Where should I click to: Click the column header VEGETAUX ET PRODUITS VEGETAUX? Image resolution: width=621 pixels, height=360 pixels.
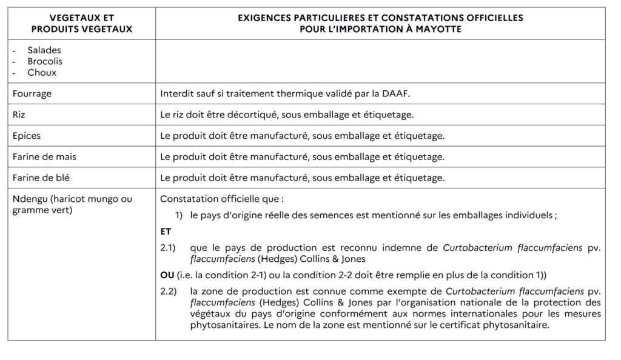[81, 24]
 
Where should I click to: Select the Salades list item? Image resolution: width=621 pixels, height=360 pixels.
[44, 50]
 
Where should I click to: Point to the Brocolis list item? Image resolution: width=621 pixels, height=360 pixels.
[45, 61]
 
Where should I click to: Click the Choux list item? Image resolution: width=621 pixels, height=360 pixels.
[42, 72]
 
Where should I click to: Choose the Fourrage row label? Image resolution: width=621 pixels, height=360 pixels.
[32, 94]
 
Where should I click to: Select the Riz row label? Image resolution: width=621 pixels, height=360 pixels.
[19, 115]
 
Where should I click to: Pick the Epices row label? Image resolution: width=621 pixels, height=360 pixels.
[27, 136]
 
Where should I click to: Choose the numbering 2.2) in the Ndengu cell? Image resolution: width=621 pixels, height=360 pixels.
[168, 292]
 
